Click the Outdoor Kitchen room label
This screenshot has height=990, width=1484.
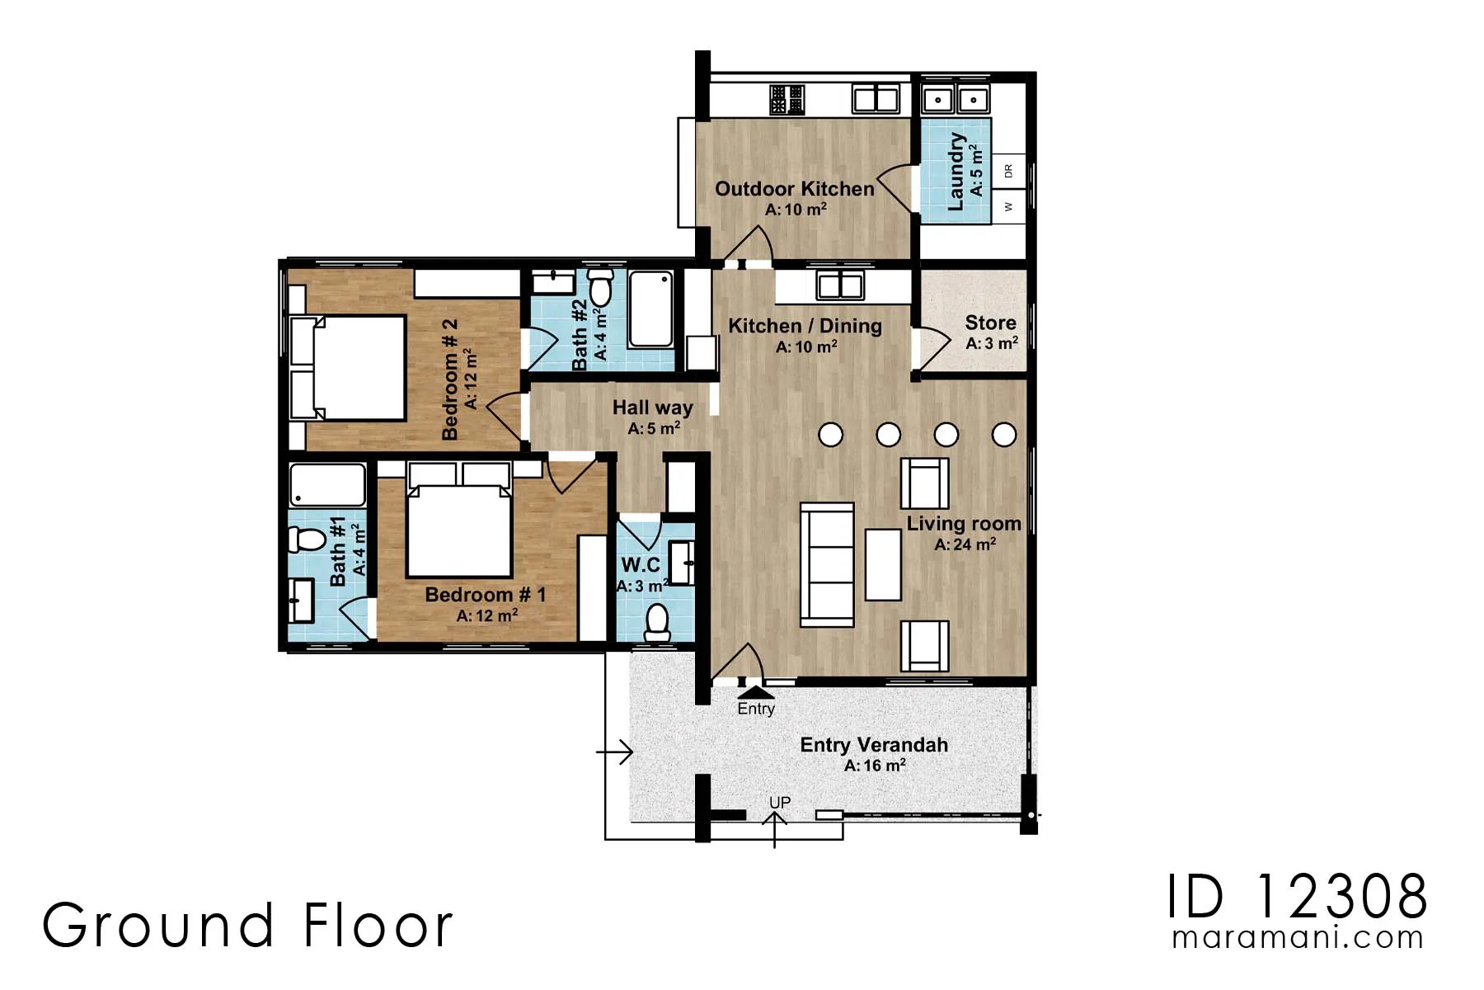coord(794,189)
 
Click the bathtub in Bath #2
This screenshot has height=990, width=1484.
coord(650,309)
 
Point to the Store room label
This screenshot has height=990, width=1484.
coord(990,323)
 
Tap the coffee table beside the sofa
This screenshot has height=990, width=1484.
coord(882,564)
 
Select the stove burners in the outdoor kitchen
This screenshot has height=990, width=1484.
coord(787,100)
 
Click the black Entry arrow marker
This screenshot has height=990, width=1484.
coord(755,692)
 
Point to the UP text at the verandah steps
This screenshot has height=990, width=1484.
coord(779,803)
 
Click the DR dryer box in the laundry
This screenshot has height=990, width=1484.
coord(1008,171)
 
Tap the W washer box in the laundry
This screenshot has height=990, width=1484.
coord(1008,206)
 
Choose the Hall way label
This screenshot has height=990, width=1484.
coord(652,408)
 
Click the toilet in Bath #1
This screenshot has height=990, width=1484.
coord(307,540)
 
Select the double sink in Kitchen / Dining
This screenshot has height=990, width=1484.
coord(839,286)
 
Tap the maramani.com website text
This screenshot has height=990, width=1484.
coord(1297,938)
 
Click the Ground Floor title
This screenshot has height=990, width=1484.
coord(247,925)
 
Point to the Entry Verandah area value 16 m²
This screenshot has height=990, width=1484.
coord(875,766)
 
